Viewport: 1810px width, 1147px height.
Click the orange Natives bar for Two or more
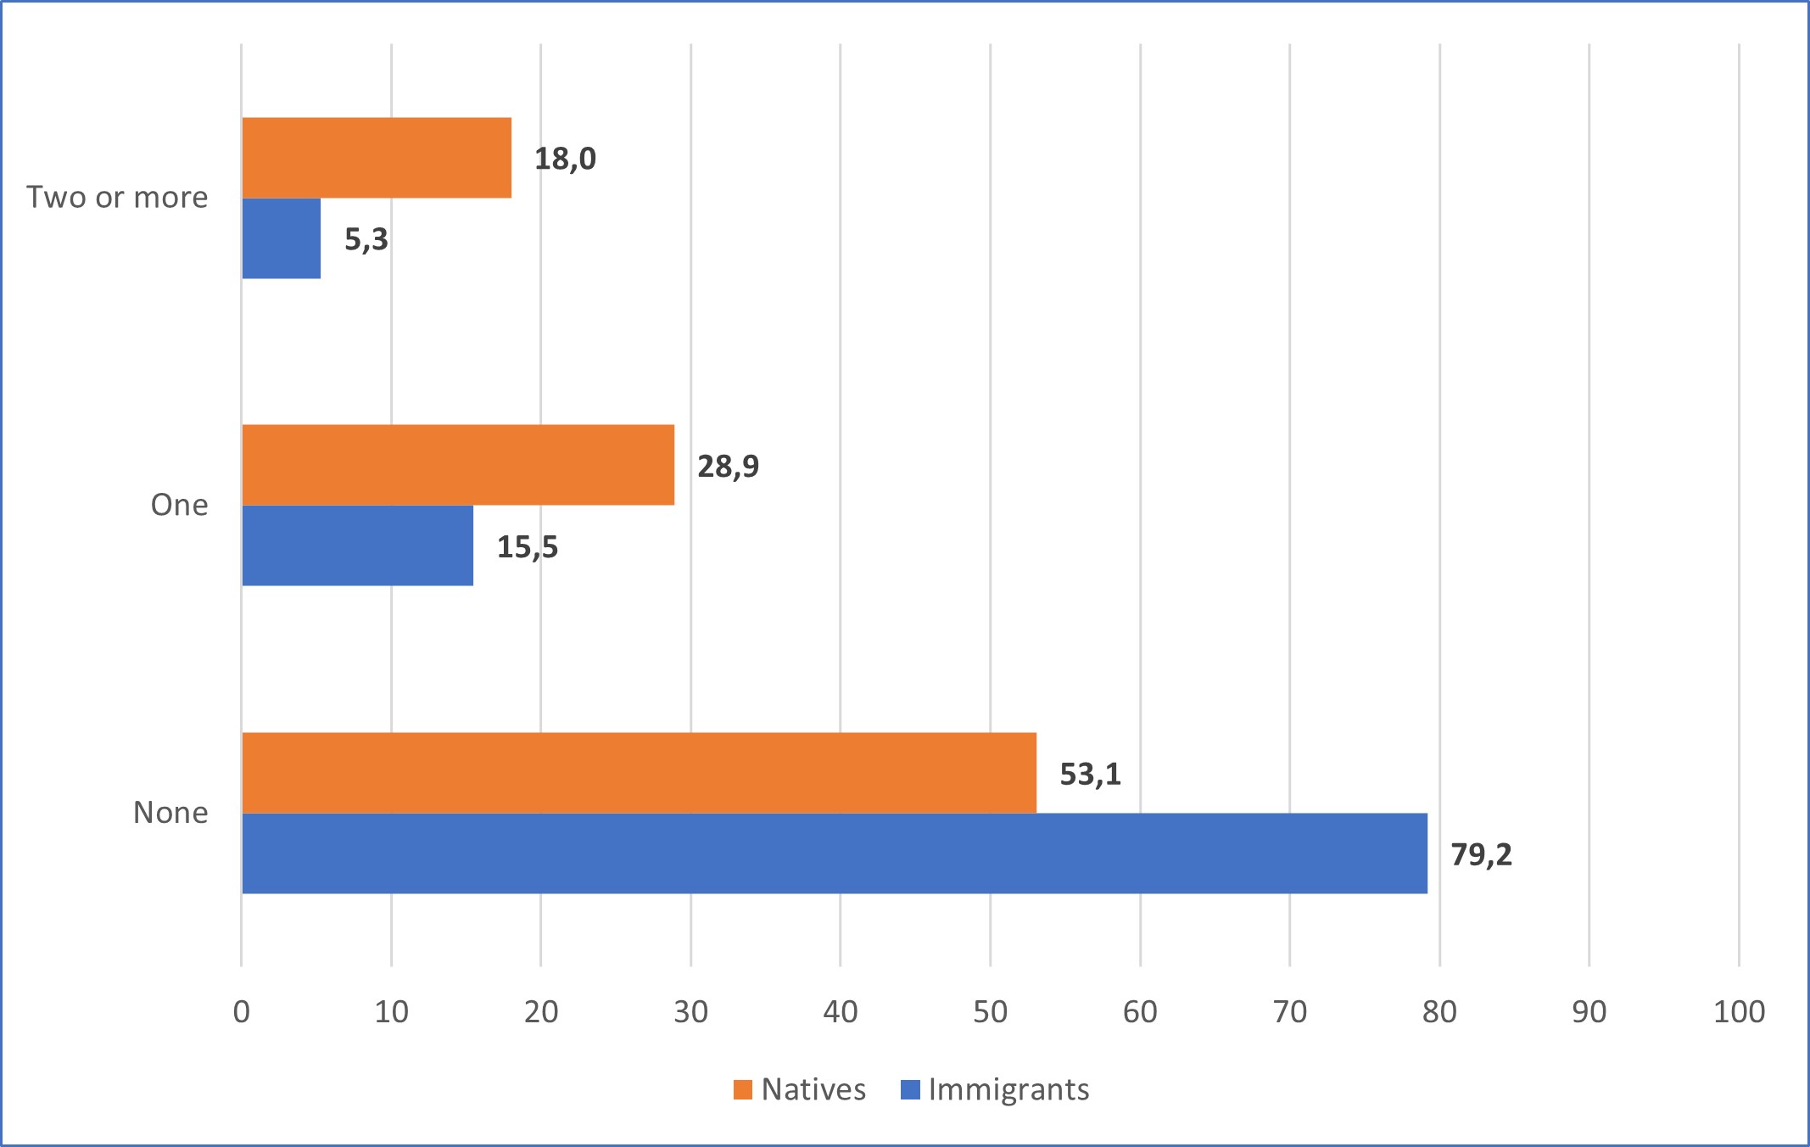coord(377,158)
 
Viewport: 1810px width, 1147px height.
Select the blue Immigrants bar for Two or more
coord(282,238)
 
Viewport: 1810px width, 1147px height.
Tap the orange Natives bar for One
coord(458,465)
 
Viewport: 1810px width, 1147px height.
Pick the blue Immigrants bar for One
coord(357,546)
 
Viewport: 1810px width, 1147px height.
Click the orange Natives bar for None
coord(639,773)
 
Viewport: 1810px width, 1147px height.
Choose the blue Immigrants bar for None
coord(835,853)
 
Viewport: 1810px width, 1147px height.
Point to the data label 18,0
coord(565,159)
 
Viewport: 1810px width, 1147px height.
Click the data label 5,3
coord(366,239)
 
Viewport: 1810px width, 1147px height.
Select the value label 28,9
coord(728,466)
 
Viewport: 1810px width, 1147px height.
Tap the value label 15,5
coord(528,547)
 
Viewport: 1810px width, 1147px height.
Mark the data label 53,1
coord(1090,774)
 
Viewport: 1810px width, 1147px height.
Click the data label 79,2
coord(1481,854)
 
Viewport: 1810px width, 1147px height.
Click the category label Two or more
coord(117,197)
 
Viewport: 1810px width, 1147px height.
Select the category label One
coord(179,505)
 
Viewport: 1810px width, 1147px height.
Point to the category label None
coord(170,813)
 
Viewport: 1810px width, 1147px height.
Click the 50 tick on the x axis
coord(990,1011)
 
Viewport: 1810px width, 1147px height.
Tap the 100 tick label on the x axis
coord(1739,1011)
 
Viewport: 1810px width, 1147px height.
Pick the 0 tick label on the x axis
coord(242,1011)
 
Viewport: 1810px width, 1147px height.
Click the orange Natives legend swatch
coord(743,1089)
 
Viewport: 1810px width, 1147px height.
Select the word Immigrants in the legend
coord(1008,1089)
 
